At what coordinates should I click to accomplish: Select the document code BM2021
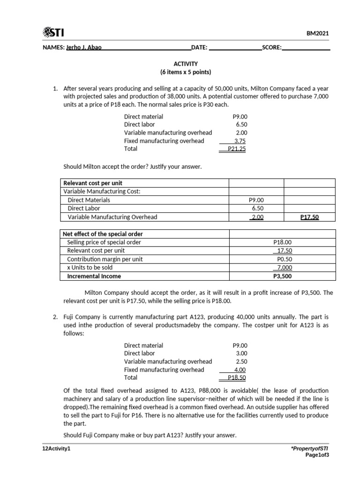coord(318,33)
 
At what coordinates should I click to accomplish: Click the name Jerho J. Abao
coord(84,47)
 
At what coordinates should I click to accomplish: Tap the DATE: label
coord(199,47)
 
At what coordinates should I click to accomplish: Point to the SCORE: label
coord(272,47)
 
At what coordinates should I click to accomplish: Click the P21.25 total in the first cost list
coord(237,149)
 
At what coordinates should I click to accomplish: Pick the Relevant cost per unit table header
coord(93,183)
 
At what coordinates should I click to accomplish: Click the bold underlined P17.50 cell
coord(309,217)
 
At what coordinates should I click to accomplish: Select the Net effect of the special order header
coord(103,234)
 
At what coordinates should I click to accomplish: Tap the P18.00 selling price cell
coord(282,242)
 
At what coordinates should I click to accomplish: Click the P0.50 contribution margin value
coord(284,259)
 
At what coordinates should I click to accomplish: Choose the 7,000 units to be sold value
coord(284,268)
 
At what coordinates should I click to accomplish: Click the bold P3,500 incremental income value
coord(282,276)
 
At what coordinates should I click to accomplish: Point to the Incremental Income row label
coord(94,276)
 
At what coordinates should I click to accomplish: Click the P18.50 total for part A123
coord(237,377)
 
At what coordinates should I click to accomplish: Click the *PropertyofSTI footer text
coord(310,449)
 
